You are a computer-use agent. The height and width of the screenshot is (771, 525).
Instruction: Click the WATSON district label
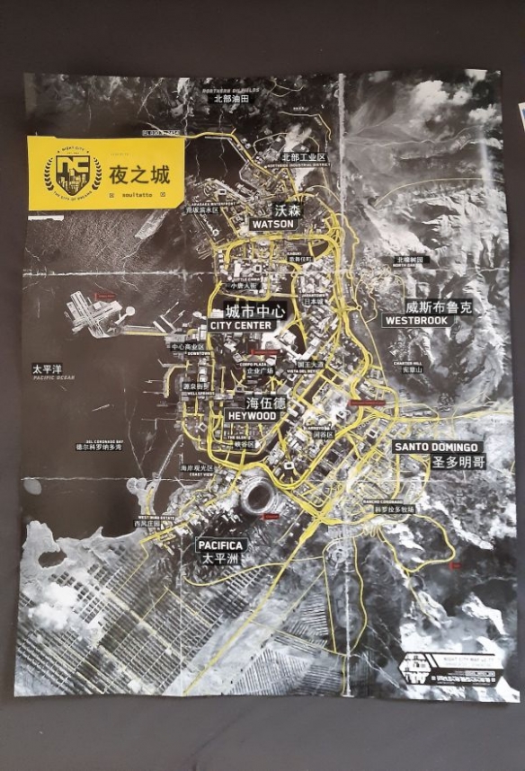pos(274,223)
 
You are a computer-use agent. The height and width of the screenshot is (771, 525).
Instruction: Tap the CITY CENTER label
pos(240,325)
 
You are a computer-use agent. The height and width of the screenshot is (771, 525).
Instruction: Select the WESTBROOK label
pos(415,320)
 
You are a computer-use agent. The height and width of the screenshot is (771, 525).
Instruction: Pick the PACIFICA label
pos(219,545)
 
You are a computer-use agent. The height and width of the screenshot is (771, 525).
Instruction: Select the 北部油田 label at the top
pos(230,99)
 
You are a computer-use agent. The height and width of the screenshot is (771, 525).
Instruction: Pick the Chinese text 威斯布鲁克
pos(438,306)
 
